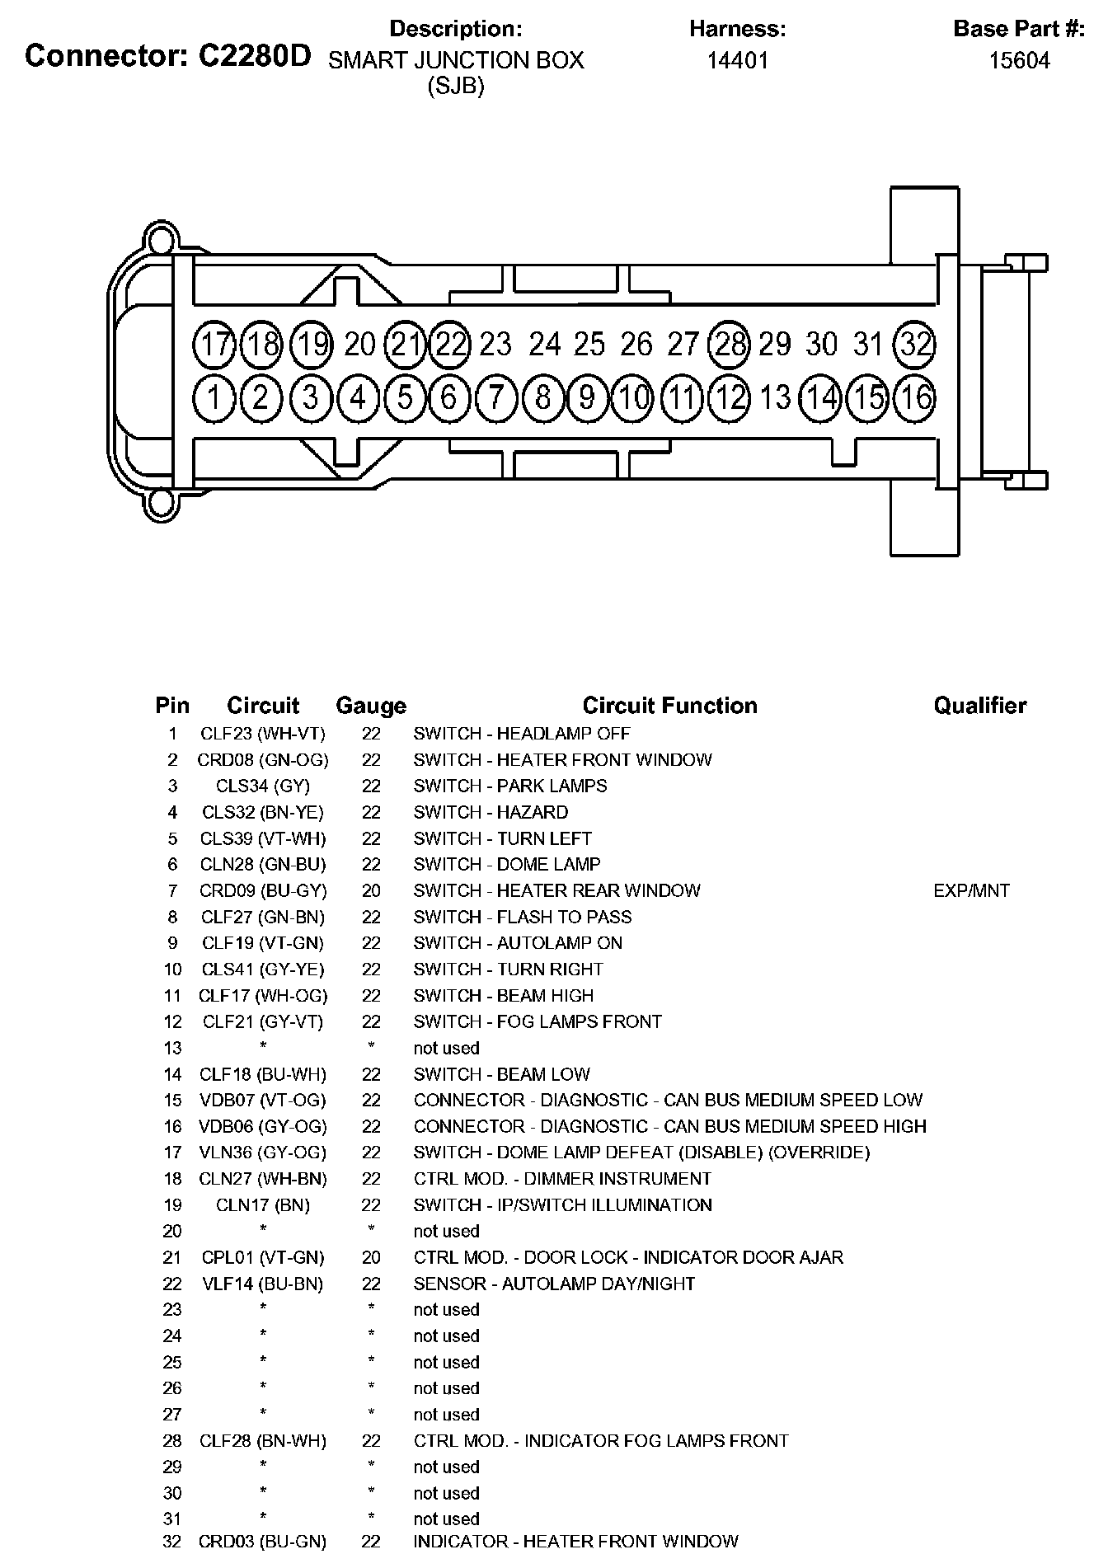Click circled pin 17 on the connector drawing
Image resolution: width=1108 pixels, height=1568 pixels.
pos(214,344)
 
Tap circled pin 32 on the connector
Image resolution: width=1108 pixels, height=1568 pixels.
pos(915,344)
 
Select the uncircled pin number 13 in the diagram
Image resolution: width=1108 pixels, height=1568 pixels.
pos(775,398)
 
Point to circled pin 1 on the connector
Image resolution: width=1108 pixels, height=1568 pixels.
pos(214,398)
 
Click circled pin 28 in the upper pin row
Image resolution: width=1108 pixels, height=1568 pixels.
pos(730,344)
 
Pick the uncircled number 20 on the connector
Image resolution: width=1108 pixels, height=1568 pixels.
pos(359,344)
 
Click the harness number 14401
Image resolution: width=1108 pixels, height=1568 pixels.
pos(737,60)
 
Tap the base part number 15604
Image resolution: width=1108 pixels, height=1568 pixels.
pos(1019,60)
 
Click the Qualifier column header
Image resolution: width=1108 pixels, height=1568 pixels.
pos(979,706)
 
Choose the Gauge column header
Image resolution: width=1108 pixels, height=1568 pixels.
pos(371,706)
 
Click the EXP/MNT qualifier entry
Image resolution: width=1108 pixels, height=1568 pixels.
pos(971,890)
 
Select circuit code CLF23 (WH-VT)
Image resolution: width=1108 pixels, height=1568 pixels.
pos(263,734)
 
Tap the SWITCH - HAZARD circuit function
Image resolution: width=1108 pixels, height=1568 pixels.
pos(491,812)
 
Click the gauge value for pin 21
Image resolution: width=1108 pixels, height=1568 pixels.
pos(371,1257)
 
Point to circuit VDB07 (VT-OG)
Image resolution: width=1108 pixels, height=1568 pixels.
pos(263,1100)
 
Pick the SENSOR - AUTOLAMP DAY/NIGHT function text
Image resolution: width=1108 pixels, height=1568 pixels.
pos(554,1284)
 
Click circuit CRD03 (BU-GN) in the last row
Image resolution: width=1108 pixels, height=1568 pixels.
pos(263,1541)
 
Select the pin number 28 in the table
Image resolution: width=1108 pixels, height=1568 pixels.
pos(171,1440)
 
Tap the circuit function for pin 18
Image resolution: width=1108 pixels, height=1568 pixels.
pos(562,1179)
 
